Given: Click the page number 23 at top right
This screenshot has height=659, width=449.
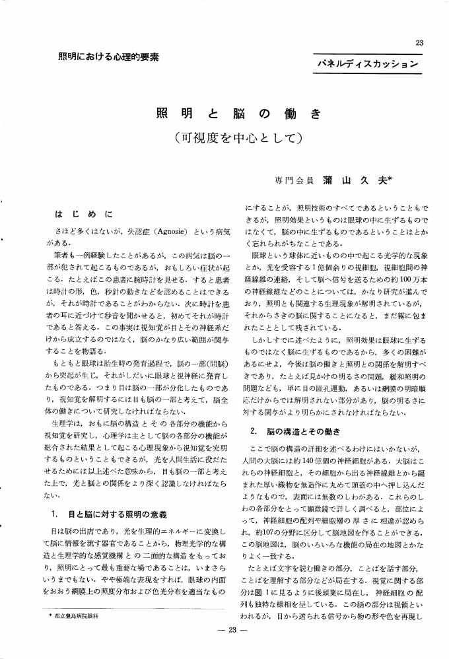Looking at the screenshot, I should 419,43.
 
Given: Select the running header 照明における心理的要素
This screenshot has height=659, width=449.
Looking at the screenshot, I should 104,57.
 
